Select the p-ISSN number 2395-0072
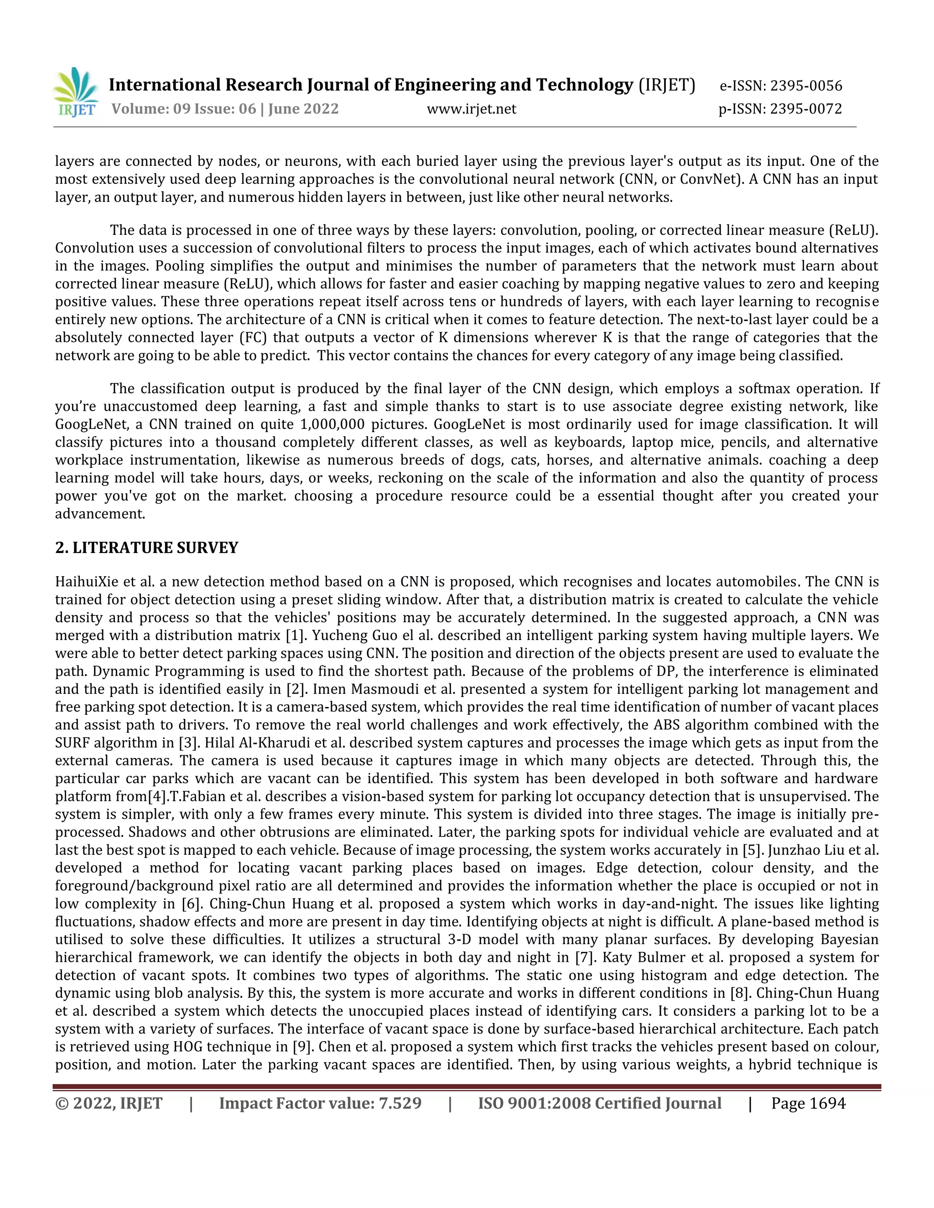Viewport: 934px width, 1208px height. pos(806,109)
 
